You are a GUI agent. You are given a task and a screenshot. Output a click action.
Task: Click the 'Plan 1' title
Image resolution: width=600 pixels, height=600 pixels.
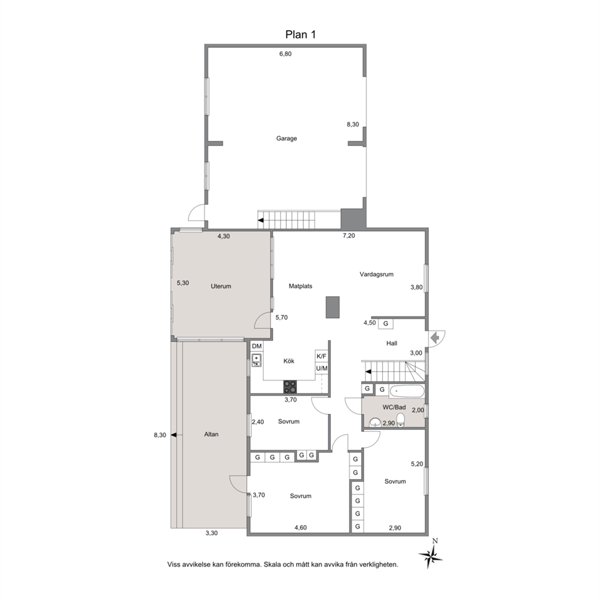(x=301, y=35)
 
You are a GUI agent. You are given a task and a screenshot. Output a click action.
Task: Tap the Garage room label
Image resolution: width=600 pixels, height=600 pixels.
(x=287, y=139)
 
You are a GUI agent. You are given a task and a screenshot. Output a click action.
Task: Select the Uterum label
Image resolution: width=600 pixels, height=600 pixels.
(x=221, y=286)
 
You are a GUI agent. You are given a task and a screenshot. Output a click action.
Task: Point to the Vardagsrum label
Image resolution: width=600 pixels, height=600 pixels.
(x=377, y=275)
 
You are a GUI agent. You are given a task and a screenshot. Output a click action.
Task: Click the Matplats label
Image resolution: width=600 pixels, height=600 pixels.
(x=301, y=286)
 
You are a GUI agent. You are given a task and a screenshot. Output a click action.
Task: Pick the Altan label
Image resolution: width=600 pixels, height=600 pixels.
(x=211, y=434)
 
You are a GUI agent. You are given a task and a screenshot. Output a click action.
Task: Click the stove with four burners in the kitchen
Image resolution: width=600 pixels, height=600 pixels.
(x=290, y=386)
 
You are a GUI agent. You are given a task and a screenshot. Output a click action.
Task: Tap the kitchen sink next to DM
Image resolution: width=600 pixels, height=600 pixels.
(x=256, y=360)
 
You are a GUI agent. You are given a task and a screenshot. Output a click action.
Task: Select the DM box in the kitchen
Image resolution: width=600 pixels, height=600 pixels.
(x=257, y=347)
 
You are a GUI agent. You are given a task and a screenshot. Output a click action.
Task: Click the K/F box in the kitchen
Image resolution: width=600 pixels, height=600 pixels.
(x=321, y=356)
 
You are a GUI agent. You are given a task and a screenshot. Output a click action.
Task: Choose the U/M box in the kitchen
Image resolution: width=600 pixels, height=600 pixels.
(x=321, y=368)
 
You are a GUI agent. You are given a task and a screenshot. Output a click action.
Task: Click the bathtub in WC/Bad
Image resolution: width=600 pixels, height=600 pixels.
(x=407, y=391)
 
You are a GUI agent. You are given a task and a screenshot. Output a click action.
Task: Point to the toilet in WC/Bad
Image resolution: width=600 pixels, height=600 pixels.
(x=400, y=420)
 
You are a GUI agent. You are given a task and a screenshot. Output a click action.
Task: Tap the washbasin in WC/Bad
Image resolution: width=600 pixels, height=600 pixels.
(x=375, y=422)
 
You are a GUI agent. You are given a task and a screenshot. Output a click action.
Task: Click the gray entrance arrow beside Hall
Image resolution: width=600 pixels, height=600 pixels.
(x=434, y=338)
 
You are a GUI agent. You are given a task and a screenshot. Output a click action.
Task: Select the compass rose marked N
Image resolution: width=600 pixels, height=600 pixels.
(x=431, y=555)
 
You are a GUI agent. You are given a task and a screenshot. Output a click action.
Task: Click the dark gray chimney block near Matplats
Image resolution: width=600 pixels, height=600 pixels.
(x=333, y=307)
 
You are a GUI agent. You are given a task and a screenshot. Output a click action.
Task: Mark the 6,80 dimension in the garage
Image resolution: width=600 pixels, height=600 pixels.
(x=285, y=54)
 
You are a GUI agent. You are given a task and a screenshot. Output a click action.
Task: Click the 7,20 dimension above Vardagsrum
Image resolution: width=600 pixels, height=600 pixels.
(x=348, y=236)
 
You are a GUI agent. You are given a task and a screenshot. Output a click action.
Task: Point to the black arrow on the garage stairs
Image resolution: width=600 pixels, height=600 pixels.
(x=261, y=220)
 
